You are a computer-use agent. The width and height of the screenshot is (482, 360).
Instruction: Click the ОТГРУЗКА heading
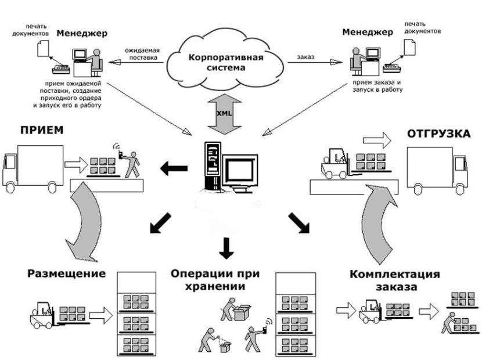point(438,134)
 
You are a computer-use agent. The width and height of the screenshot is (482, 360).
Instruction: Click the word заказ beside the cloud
point(305,57)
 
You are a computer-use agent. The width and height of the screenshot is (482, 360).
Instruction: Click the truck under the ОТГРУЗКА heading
point(437,169)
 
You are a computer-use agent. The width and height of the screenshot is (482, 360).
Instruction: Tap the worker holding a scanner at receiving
point(132,163)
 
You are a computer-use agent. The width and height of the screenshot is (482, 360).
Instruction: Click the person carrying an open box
point(229,307)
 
